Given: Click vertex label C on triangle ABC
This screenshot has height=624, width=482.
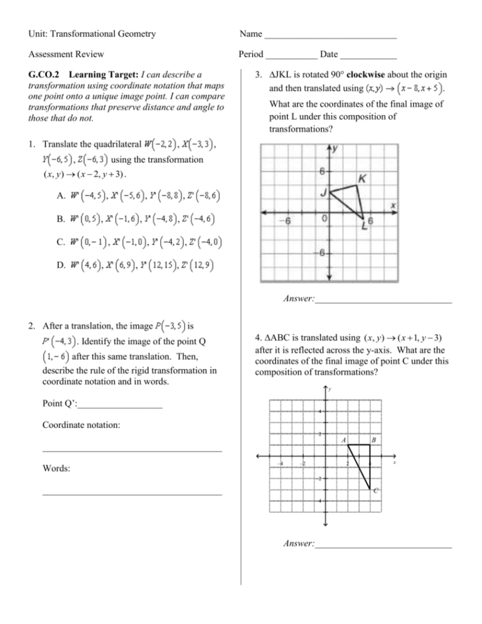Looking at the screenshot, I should pos(376,491).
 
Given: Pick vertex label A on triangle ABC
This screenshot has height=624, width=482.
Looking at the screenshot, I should pos(344,439).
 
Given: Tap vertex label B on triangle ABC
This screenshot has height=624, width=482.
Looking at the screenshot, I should pos(375,439).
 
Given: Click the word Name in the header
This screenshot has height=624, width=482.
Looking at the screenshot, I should pos(250,33).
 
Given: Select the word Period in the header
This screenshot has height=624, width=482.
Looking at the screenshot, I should pos(251,55).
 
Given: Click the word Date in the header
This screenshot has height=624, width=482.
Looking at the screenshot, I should pos(329,55).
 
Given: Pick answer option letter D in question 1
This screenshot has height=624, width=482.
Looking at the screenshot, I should pos(59,264).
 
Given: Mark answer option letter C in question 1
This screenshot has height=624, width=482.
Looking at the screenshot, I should pos(59,242).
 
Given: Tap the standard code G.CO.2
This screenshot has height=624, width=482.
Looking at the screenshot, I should pos(45,75).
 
